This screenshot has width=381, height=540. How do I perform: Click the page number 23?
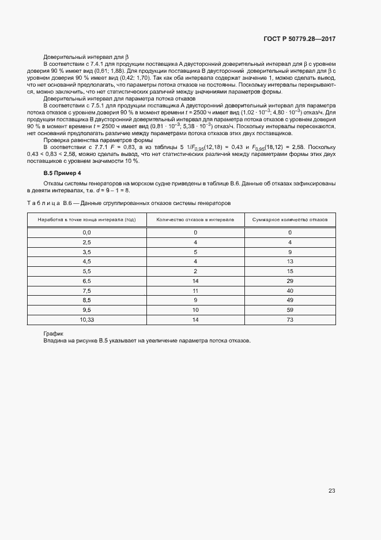(x=331, y=491)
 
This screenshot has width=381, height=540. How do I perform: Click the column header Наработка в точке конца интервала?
(x=86, y=220)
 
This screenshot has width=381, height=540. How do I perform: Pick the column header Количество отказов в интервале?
(x=195, y=220)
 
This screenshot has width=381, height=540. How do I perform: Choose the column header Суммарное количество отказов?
(x=290, y=220)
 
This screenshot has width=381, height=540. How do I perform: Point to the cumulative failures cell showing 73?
(x=290, y=319)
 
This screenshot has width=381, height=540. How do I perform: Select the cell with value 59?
(x=290, y=310)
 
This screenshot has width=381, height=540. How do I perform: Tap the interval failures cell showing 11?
(x=195, y=291)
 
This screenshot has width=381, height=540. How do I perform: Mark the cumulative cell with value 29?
(x=290, y=281)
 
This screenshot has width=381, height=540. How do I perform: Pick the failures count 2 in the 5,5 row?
(x=195, y=271)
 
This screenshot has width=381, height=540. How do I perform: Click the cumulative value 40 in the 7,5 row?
(x=290, y=291)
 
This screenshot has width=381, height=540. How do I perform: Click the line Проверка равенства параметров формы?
(x=98, y=140)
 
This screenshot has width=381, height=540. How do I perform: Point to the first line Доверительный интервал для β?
(x=86, y=57)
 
